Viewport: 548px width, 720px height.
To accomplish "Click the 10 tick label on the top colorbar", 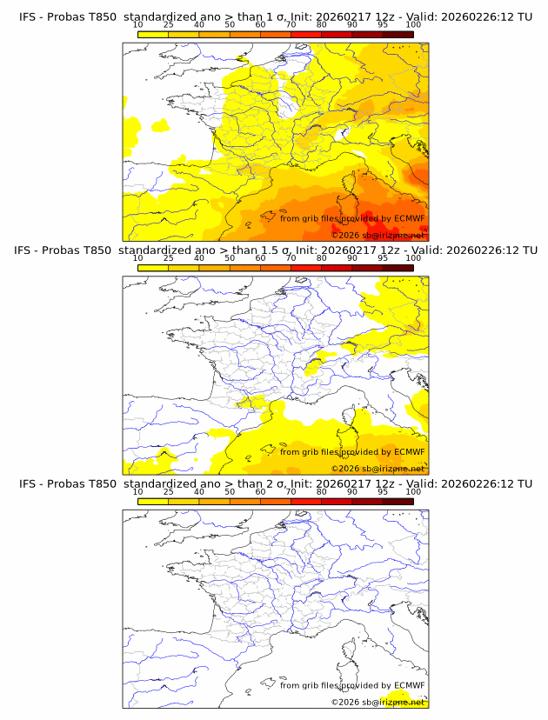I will click(x=137, y=25).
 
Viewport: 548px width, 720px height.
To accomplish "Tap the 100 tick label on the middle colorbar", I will click(x=413, y=258).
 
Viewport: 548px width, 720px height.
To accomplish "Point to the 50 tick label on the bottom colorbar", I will click(x=230, y=491).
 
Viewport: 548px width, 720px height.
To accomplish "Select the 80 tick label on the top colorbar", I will click(x=322, y=25).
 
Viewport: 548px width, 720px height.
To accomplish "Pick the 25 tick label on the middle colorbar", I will click(x=168, y=258).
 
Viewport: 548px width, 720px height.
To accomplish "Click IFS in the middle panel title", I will click(x=29, y=250).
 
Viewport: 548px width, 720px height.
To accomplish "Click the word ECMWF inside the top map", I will click(x=409, y=218).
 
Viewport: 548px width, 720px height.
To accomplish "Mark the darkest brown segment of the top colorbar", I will click(x=398, y=34).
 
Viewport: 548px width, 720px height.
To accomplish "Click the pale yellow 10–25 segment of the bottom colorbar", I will click(x=152, y=500).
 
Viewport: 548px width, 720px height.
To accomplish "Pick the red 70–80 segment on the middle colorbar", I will click(x=305, y=267).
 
